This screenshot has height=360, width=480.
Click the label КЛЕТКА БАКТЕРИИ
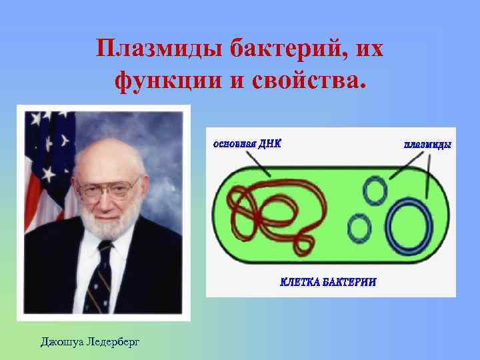[x=327, y=282]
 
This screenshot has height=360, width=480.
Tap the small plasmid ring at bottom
[x=360, y=229]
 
